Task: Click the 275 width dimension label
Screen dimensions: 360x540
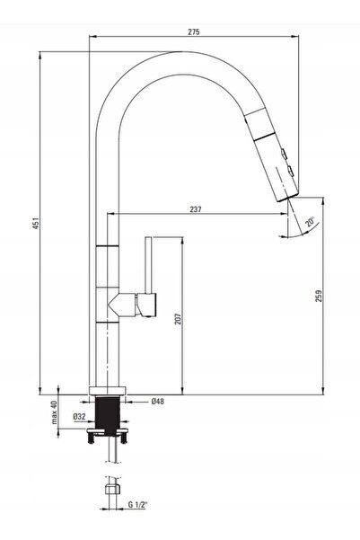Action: [x=193, y=32]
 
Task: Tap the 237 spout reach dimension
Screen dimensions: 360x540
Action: [x=195, y=209]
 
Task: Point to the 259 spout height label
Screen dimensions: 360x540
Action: [x=319, y=297]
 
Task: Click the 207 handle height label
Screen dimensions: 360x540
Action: [x=178, y=319]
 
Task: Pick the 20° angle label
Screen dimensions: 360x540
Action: [x=310, y=222]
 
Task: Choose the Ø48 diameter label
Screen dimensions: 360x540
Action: [x=158, y=402]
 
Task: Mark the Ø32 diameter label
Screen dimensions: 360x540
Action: [x=79, y=416]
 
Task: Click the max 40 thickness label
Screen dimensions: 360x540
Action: [x=54, y=412]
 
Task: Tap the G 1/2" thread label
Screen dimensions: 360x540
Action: [x=137, y=505]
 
